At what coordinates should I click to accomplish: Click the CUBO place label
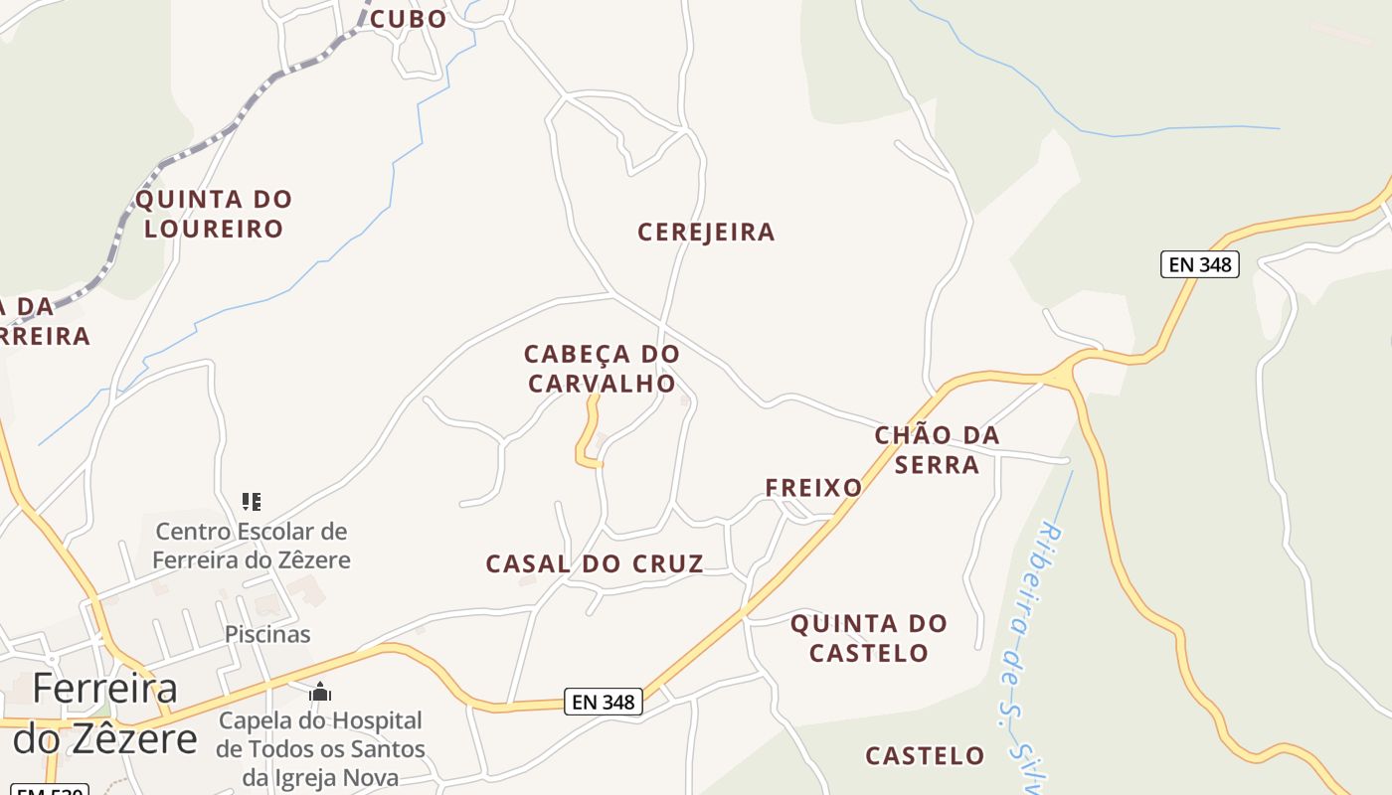click(408, 19)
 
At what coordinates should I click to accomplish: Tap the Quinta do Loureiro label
click(214, 214)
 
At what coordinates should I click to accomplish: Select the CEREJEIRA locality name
click(706, 233)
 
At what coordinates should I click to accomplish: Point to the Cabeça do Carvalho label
click(602, 369)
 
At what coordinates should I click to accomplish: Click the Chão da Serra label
click(937, 450)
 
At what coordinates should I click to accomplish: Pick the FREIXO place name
click(813, 488)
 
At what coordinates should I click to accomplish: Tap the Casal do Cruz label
click(595, 564)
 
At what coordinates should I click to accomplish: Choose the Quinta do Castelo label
click(869, 638)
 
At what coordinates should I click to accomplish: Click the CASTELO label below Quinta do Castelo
click(925, 756)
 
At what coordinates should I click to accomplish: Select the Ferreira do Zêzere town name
click(104, 714)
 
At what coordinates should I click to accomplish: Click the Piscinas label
click(267, 634)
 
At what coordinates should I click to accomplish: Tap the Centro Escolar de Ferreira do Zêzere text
click(252, 546)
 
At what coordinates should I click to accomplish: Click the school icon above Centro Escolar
click(252, 501)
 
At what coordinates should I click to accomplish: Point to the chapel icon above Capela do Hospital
click(320, 692)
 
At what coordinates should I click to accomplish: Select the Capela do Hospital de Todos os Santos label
click(320, 748)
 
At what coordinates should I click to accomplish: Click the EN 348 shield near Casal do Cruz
click(604, 702)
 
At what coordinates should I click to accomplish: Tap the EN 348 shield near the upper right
click(1199, 264)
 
